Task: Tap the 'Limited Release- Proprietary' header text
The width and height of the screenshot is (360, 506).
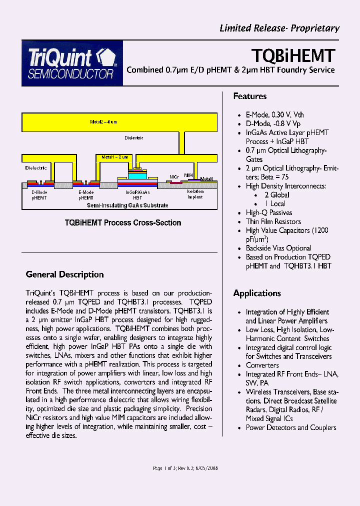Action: coord(279,28)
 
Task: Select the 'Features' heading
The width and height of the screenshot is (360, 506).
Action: coord(250,96)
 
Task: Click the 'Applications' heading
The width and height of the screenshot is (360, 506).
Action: coord(257,293)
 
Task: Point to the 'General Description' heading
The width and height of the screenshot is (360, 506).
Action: coord(64,274)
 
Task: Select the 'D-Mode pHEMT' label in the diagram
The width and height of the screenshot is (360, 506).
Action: coord(39,195)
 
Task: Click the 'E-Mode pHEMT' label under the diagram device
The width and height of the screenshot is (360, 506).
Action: coord(86,195)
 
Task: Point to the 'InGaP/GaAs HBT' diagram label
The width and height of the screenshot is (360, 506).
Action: coord(137,195)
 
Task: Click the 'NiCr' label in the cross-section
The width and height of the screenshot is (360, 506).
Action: coord(174,177)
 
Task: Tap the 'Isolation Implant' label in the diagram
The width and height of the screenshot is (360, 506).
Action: coord(195,194)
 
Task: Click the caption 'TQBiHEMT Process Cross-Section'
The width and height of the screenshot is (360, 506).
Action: coord(123,222)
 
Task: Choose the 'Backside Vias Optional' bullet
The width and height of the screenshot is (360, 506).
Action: coord(278,248)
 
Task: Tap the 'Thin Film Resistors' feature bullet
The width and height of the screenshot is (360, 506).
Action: coord(273,221)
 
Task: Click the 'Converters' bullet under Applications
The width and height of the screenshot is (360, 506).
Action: coord(262,365)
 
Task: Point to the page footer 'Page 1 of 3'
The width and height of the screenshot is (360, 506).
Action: coord(185,468)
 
